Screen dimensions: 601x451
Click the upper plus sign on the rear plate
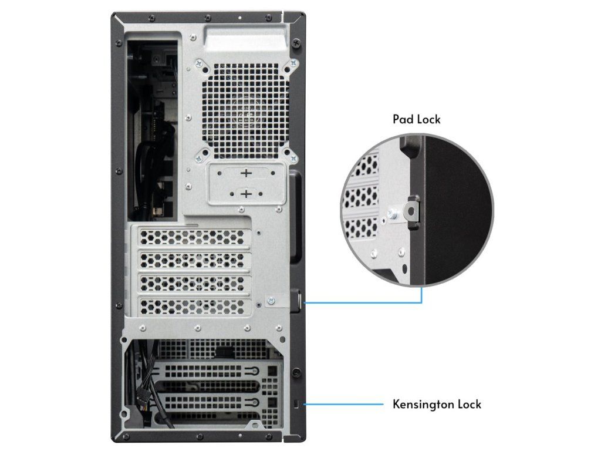click(x=246, y=173)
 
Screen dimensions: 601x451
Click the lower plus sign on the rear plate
click(x=246, y=194)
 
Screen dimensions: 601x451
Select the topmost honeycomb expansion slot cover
click(x=193, y=238)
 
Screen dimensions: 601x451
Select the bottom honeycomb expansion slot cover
click(x=193, y=307)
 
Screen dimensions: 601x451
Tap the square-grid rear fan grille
click(x=246, y=111)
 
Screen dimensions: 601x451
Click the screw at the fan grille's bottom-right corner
click(x=293, y=158)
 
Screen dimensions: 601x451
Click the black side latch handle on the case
click(x=296, y=217)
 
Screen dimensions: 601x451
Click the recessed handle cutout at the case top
click(x=246, y=38)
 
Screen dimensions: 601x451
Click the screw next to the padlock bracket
click(x=271, y=301)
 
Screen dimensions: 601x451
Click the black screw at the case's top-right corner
click(x=296, y=42)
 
